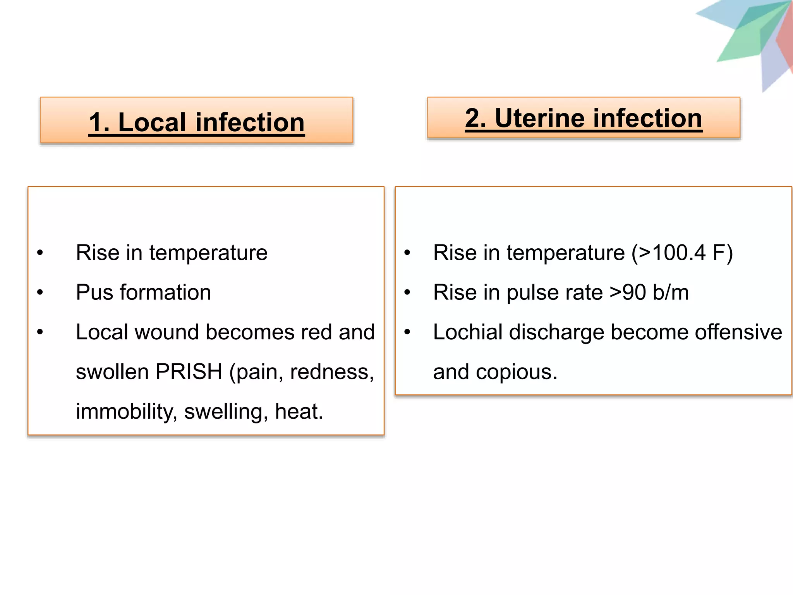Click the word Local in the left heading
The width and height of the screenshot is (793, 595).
point(152,122)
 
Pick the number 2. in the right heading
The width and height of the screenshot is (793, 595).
point(476,118)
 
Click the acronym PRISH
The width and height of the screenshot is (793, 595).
point(189,372)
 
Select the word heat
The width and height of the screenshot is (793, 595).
point(299,411)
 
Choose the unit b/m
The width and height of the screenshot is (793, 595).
point(671,292)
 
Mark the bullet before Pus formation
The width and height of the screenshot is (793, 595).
point(40,292)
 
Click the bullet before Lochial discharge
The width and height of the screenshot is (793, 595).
point(407,332)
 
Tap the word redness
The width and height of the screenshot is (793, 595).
point(331,372)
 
